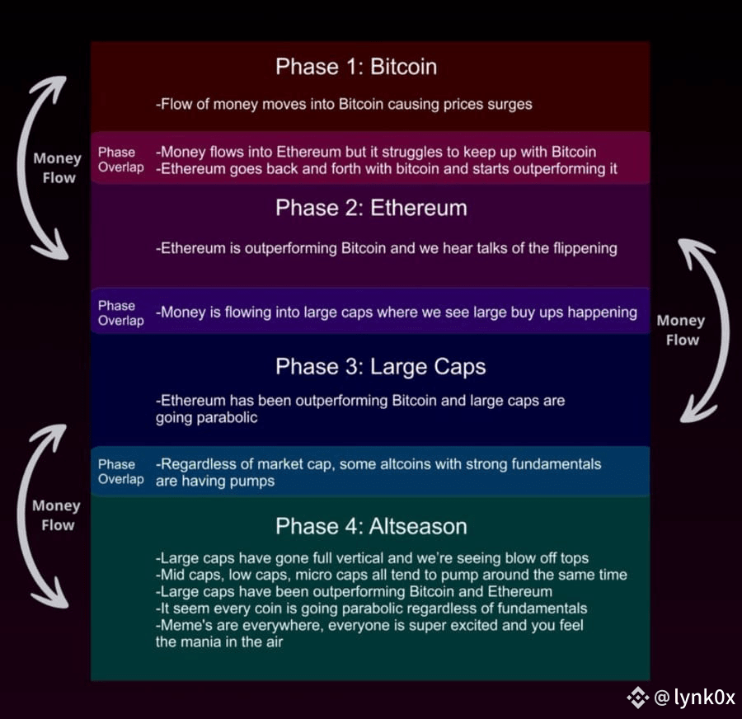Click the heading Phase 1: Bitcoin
(356, 67)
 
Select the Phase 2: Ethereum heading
(371, 208)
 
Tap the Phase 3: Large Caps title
(380, 366)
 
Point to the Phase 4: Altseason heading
(371, 526)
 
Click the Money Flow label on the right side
(681, 330)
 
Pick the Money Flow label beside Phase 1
(58, 167)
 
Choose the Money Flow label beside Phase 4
(57, 515)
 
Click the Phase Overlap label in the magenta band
(120, 160)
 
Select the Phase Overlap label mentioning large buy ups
(120, 313)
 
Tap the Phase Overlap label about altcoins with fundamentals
(120, 472)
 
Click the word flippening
(581, 248)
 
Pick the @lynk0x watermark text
(695, 698)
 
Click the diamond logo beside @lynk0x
(637, 698)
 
